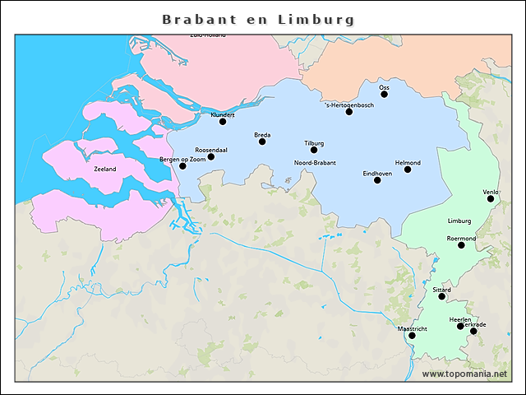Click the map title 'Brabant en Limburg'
[259, 19]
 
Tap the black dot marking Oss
[384, 94]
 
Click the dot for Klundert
[222, 122]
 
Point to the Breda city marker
[262, 142]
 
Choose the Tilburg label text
[314, 142]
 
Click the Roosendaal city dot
[211, 156]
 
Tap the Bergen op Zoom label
[182, 158]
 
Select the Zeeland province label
[105, 169]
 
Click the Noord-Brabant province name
[315, 163]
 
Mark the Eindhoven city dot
[377, 179]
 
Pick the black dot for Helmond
[408, 170]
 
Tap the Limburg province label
[459, 221]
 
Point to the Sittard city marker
[441, 296]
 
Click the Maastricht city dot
[412, 336]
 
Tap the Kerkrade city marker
[473, 331]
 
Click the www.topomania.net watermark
[464, 374]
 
